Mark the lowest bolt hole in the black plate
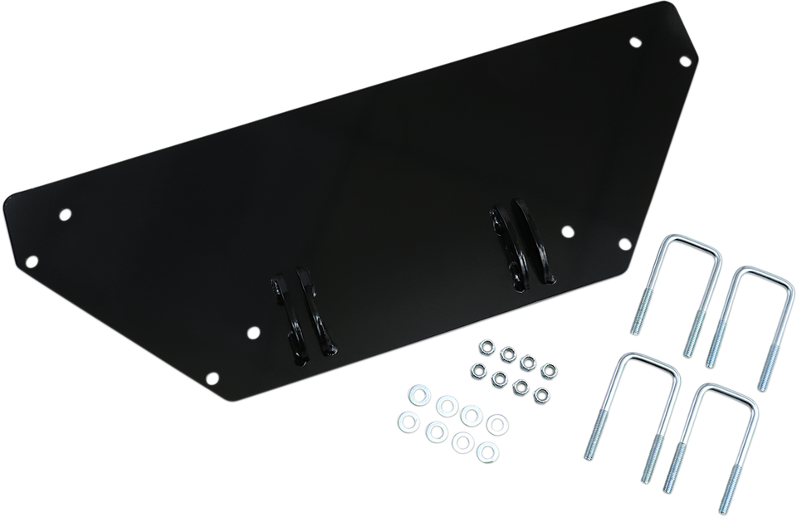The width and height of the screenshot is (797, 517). [209, 376]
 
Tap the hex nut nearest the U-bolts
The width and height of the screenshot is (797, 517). [547, 365]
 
